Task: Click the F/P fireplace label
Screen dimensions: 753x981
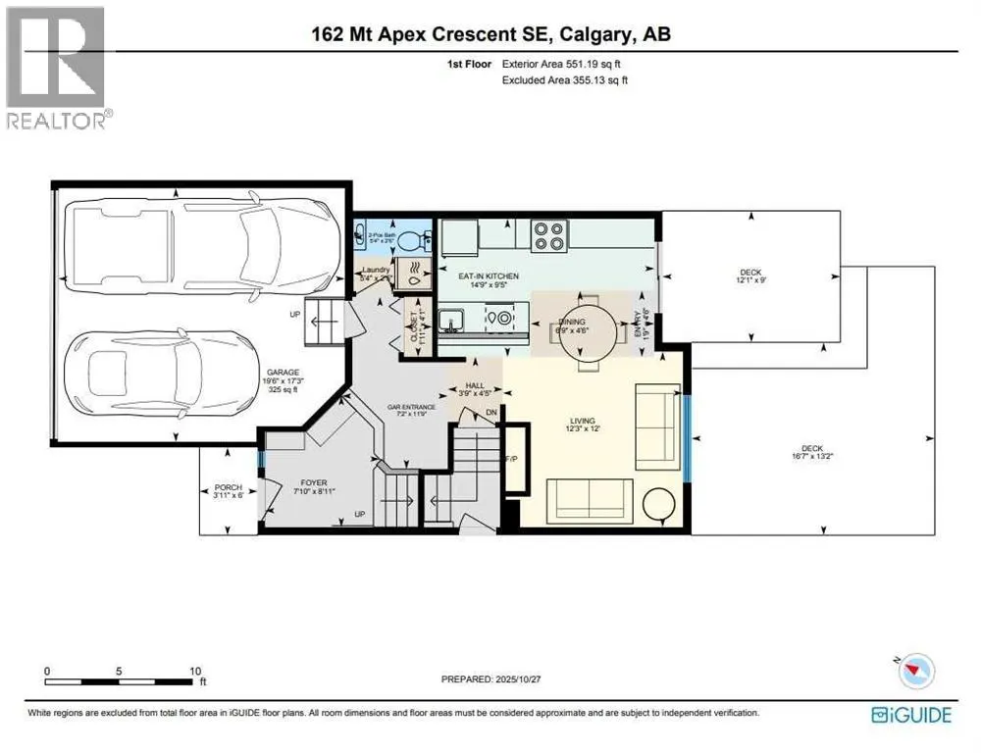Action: tap(510, 460)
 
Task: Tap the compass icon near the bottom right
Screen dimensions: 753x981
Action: tap(917, 670)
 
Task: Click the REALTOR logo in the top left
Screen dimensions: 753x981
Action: tap(57, 69)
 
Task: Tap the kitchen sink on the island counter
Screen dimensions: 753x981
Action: tap(453, 320)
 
